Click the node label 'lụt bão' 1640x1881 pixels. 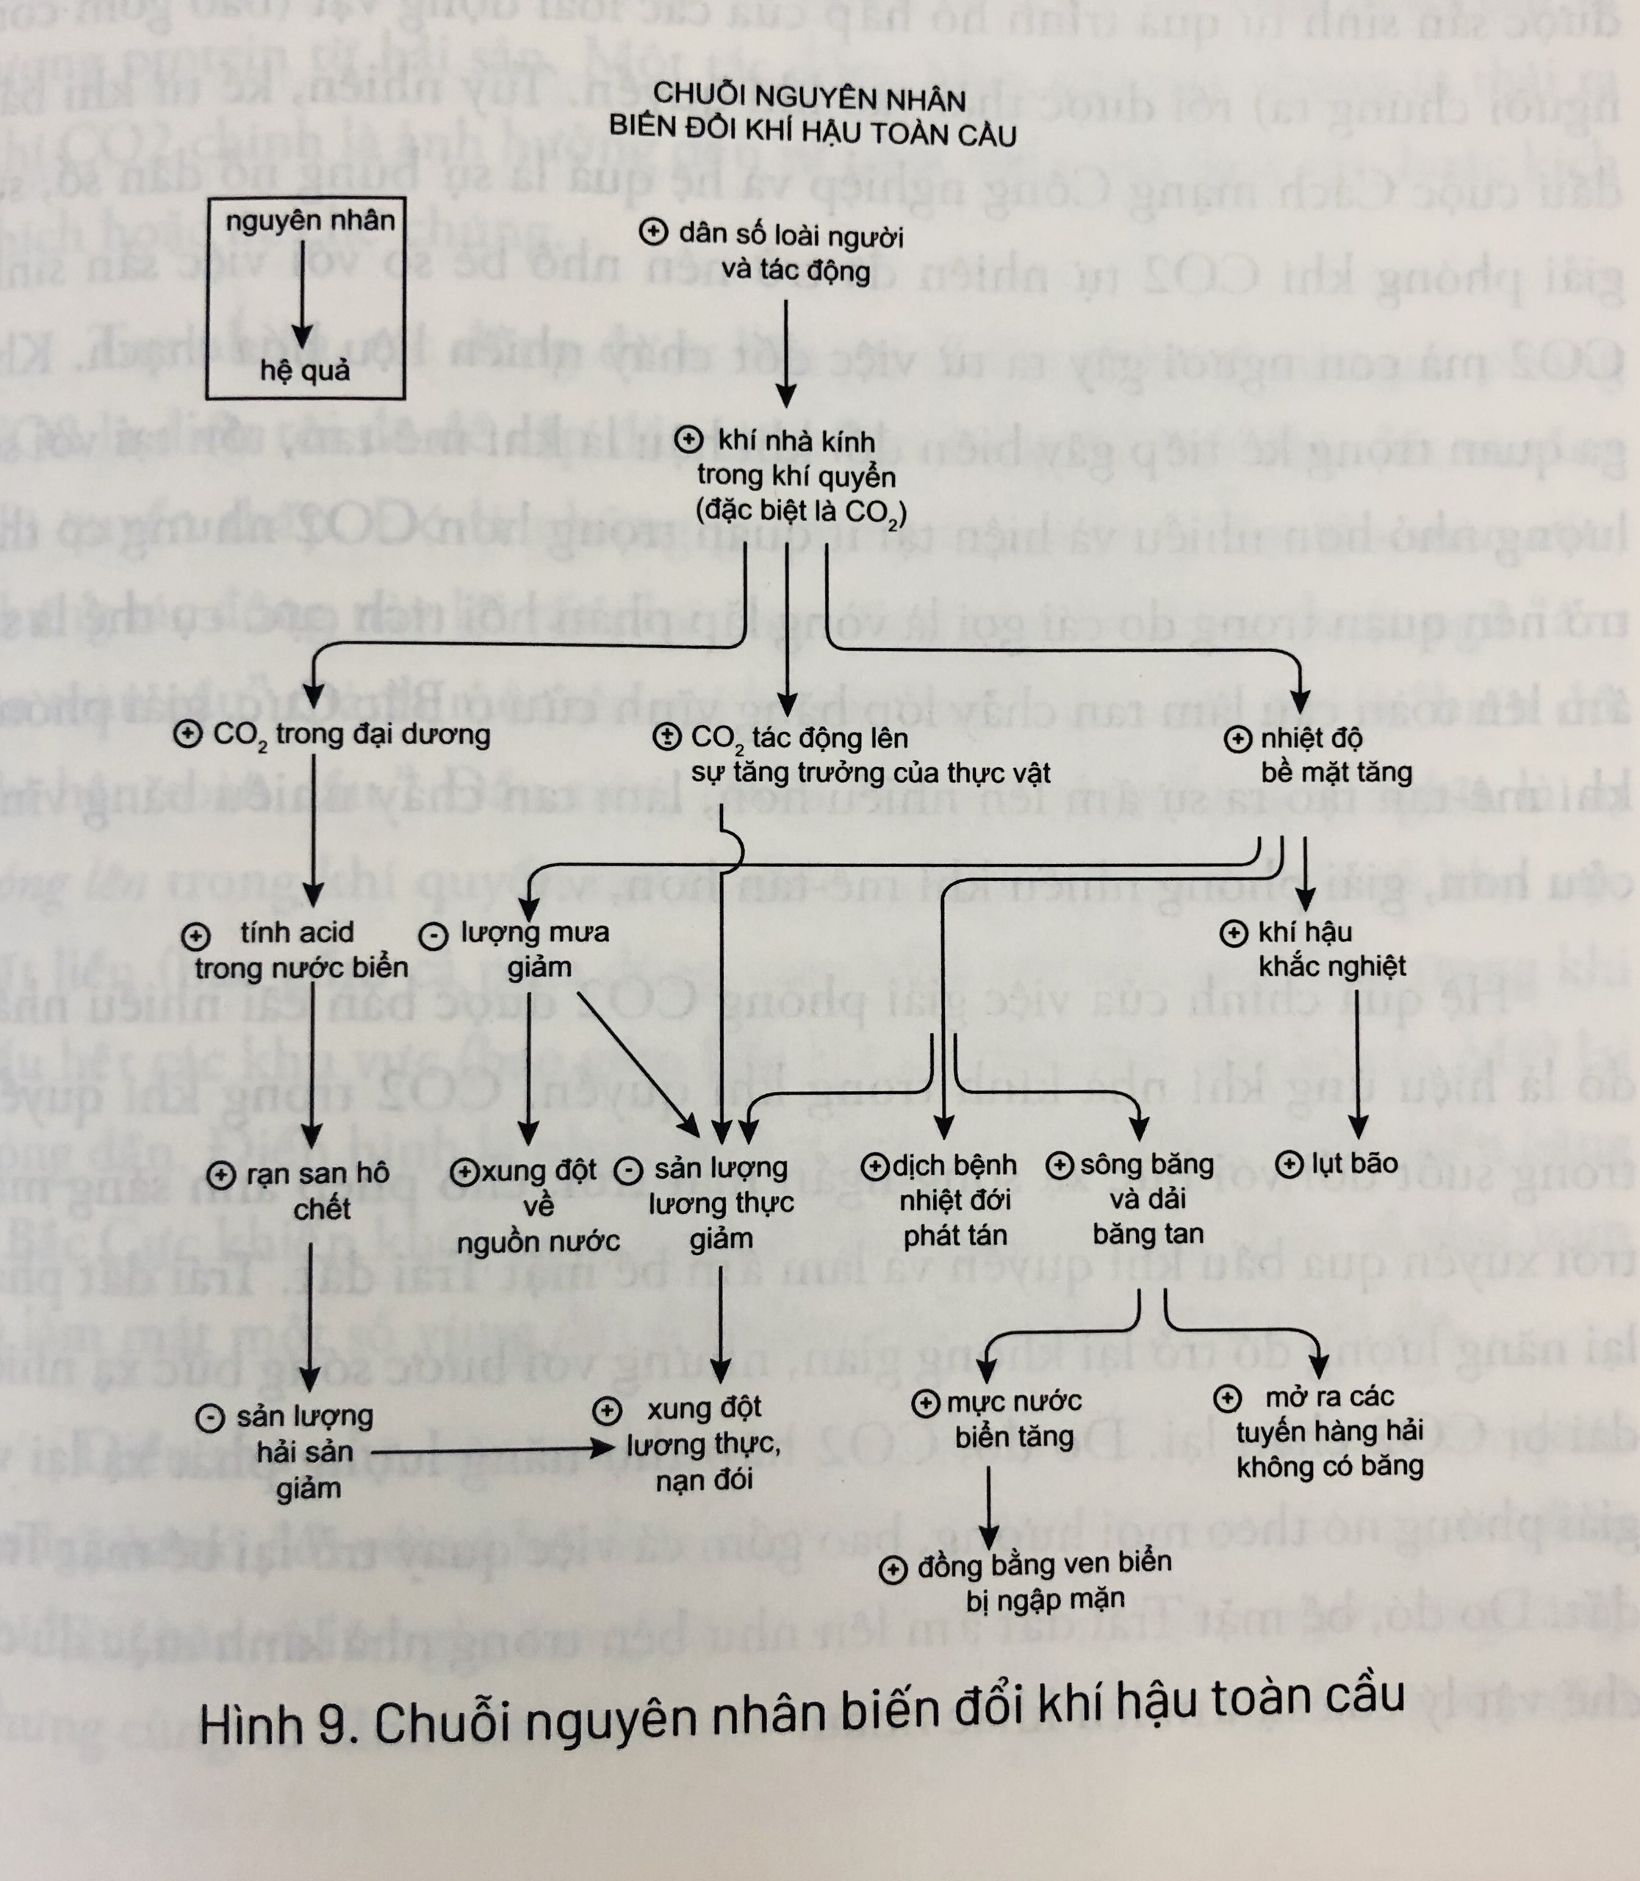[1353, 1163]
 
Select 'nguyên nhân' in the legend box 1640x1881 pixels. [309, 220]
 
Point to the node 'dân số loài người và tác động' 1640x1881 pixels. [791, 253]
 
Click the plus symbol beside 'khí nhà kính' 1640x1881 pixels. [688, 440]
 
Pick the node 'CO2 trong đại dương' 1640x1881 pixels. [350, 735]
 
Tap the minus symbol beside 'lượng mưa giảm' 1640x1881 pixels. [433, 935]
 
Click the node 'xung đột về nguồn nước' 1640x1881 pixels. [538, 1204]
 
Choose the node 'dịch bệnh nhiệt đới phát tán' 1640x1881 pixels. [954, 1199]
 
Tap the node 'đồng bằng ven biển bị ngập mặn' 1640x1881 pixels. [1043, 1580]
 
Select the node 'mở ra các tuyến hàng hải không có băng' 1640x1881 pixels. [1329, 1431]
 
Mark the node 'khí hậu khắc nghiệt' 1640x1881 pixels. [1331, 949]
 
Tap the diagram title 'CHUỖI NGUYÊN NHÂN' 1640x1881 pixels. [809, 98]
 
